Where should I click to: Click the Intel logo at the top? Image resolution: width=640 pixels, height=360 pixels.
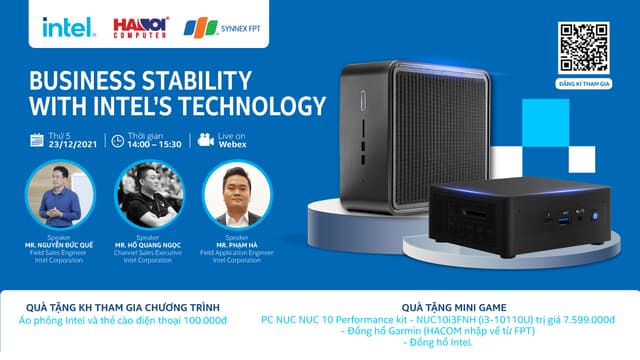[x=68, y=27]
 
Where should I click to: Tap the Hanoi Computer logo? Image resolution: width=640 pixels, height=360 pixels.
[x=139, y=27]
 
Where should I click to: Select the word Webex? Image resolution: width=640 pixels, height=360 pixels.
[x=236, y=144]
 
